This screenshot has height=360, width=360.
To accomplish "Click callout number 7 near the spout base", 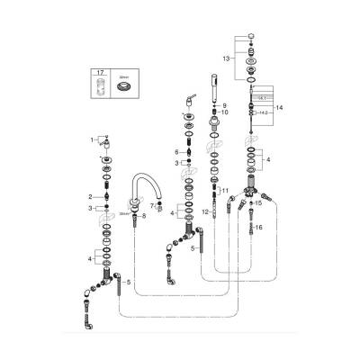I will [x=151, y=207].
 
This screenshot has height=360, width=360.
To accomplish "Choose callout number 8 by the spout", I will [x=144, y=217].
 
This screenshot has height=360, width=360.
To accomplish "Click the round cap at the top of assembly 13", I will [x=251, y=35].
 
